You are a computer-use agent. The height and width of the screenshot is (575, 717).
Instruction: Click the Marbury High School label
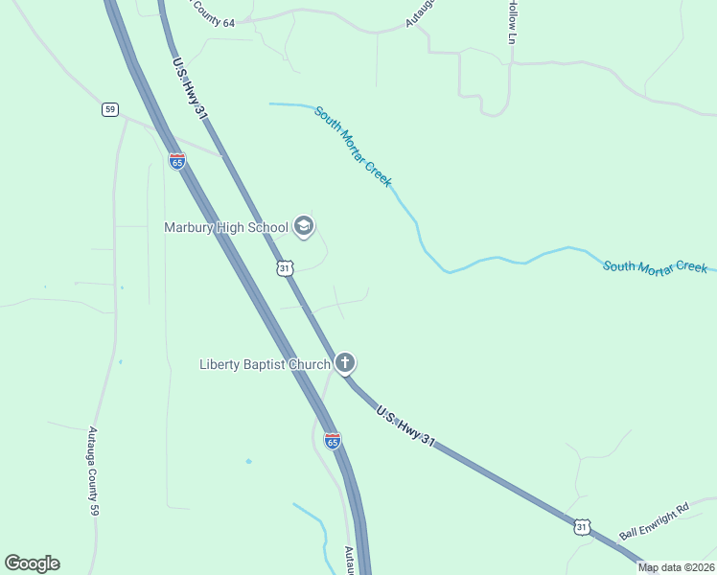click(225, 227)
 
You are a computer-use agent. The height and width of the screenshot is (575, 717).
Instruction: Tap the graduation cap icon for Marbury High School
click(303, 226)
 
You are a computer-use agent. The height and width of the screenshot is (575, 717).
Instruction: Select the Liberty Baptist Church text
click(265, 364)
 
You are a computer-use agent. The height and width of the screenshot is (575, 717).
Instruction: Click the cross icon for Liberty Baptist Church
click(345, 363)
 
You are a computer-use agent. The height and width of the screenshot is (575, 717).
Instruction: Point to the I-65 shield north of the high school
click(177, 161)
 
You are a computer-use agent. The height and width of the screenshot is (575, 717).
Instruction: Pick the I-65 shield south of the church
click(333, 441)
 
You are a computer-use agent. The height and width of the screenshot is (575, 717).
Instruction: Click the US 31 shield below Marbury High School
click(285, 268)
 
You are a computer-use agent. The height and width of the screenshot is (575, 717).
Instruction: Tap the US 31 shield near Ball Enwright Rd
click(582, 526)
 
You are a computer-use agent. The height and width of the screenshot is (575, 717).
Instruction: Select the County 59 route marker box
click(110, 109)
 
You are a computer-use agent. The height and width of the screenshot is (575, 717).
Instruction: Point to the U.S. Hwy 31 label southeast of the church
click(405, 426)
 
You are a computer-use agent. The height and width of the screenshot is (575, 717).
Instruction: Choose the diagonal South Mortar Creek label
click(353, 146)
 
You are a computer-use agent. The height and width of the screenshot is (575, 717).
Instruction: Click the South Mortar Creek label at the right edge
click(655, 265)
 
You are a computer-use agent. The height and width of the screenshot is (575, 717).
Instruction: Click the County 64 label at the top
click(212, 13)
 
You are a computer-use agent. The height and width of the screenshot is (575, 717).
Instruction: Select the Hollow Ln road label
click(512, 21)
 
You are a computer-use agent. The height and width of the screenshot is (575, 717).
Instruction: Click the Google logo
click(32, 563)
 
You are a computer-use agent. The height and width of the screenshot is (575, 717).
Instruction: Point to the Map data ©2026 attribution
click(677, 567)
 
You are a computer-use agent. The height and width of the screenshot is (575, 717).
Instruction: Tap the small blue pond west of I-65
click(248, 462)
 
